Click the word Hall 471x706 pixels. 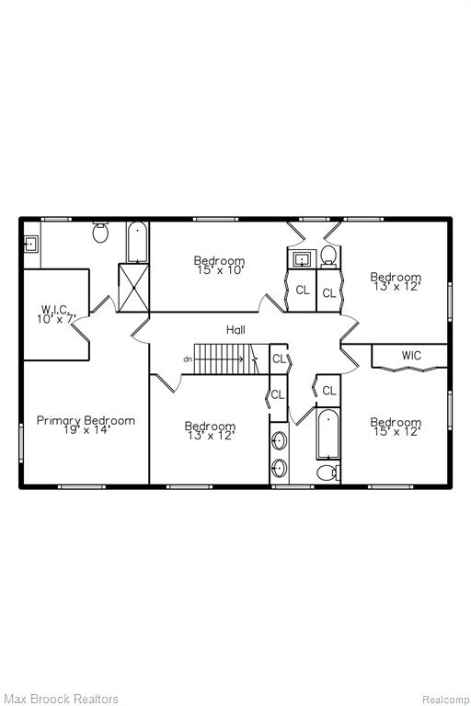235,330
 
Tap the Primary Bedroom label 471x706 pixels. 86,420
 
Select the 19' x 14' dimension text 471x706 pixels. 87,430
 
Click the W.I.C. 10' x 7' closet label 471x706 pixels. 56,313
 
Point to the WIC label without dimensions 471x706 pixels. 411,356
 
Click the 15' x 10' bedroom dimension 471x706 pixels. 221,270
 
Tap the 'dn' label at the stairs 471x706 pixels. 188,359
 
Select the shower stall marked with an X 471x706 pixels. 133,288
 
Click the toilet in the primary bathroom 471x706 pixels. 101,232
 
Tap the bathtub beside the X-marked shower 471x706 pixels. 137,242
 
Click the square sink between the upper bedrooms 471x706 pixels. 302,259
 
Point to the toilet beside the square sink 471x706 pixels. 329,256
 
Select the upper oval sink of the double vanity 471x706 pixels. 280,440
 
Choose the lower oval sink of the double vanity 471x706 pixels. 280,469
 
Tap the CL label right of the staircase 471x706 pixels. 280,359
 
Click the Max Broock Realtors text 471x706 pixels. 62,699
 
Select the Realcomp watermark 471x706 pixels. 446,700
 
